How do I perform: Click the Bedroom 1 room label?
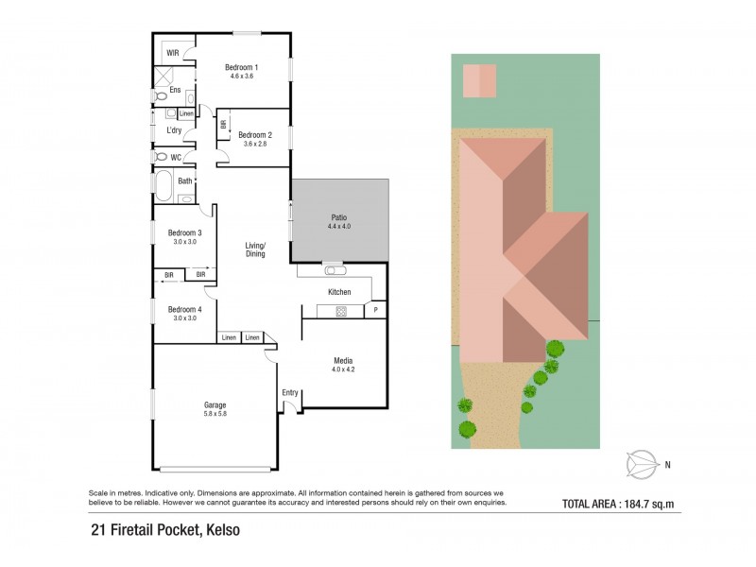coord(241,67)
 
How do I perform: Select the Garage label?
coord(215,404)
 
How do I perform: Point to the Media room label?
coord(343,360)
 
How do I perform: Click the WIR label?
coord(173,53)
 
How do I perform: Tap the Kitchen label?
coord(339,292)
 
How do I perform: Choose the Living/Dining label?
coord(255,249)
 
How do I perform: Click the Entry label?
coord(289,391)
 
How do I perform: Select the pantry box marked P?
coord(375,310)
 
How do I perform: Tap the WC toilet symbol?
coord(162,157)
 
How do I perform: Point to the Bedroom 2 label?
coord(255,134)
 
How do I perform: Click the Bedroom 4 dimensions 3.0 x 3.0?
coord(184,318)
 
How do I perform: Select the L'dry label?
coord(173,130)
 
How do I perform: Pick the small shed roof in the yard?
coord(478,79)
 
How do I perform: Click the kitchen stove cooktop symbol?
coord(340,310)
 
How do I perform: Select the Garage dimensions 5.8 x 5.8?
coord(215,414)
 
